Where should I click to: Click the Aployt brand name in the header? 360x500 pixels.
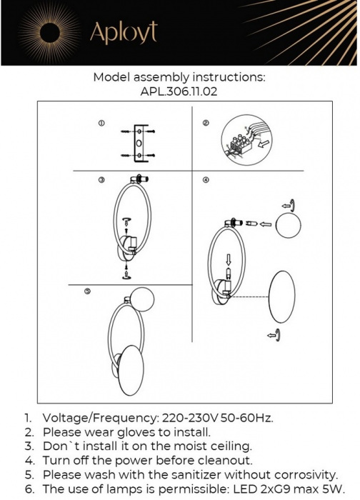coord(124,33)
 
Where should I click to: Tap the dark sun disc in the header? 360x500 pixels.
coord(50,33)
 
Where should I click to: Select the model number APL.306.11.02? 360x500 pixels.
coord(179,91)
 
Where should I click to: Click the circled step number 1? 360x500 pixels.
coord(101,123)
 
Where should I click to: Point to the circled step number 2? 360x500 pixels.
coord(206,123)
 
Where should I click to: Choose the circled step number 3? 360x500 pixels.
coord(101,180)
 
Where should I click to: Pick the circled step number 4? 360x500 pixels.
coord(206,180)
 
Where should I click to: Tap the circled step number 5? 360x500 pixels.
coord(87,291)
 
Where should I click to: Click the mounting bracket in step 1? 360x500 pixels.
coord(140,143)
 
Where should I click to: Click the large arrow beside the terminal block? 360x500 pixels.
coord(263,144)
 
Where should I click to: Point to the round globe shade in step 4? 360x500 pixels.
coord(289,225)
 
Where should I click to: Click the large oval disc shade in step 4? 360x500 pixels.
coord(282,297)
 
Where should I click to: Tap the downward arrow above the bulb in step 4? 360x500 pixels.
coord(228,259)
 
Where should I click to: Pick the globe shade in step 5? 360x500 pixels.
coord(143,299)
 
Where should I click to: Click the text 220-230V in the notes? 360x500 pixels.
coord(189,418)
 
